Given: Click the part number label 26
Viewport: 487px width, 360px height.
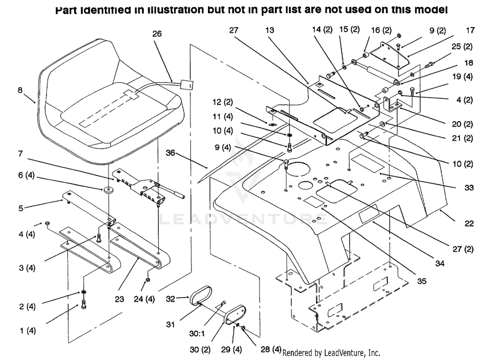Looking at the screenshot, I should pos(157,34).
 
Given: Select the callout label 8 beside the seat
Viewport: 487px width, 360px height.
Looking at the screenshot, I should pos(20,90).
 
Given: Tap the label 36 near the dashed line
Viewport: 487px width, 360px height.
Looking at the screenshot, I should pos(170,153).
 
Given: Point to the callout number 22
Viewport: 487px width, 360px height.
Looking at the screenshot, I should pos(469,223).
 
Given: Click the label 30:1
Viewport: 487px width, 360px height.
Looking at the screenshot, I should pos(197,334).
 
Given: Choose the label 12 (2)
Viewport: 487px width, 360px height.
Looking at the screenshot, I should pos(222,102).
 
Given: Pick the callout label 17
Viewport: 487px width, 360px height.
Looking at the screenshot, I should pos(470,31).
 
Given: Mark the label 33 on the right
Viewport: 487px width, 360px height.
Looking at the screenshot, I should pos(469,188).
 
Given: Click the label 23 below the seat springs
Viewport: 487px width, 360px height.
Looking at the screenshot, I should pos(119,299).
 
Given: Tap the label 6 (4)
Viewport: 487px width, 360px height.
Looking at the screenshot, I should pos(26,175).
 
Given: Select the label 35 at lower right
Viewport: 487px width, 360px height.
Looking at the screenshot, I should pos(421,281).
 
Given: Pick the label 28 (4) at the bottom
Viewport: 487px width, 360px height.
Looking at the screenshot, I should pos(271,349).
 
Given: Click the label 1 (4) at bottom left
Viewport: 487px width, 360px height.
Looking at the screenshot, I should pos(28,331).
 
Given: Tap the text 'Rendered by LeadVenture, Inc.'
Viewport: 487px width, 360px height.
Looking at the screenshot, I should pos(331,353).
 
